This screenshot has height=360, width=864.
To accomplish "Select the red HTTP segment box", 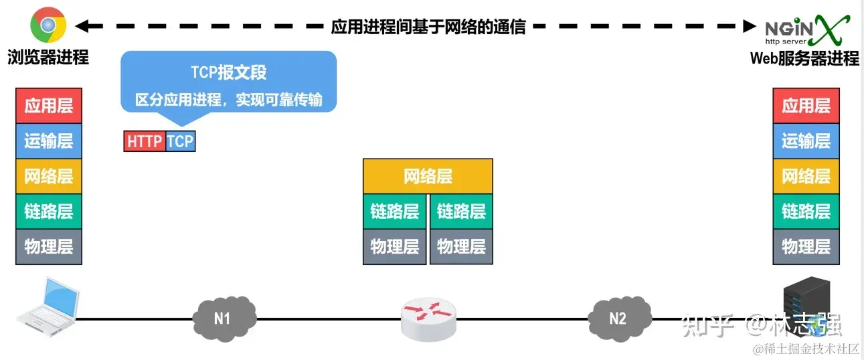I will pyautogui.click(x=145, y=141).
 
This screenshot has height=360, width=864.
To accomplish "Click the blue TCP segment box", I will pyautogui.click(x=180, y=141).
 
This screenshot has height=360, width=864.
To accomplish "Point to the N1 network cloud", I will pyautogui.click(x=223, y=317).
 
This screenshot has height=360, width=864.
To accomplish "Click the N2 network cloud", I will pyautogui.click(x=618, y=317).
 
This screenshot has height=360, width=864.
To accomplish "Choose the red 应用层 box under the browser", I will pyautogui.click(x=49, y=106).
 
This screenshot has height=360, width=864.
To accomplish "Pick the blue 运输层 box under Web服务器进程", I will pyautogui.click(x=806, y=141).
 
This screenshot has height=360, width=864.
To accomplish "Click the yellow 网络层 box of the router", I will pyautogui.click(x=428, y=177).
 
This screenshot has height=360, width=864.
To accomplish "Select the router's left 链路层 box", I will pyautogui.click(x=395, y=211).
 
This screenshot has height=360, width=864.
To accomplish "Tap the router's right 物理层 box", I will pyautogui.click(x=461, y=246).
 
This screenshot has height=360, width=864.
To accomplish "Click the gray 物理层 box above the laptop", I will pyautogui.click(x=49, y=246).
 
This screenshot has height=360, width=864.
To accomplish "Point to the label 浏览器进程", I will pyautogui.click(x=48, y=58).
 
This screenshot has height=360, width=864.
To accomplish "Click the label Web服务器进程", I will pyautogui.click(x=804, y=59).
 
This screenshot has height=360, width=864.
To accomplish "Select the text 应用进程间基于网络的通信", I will pyautogui.click(x=428, y=27).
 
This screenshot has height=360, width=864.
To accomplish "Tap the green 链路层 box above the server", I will pyautogui.click(x=806, y=211).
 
